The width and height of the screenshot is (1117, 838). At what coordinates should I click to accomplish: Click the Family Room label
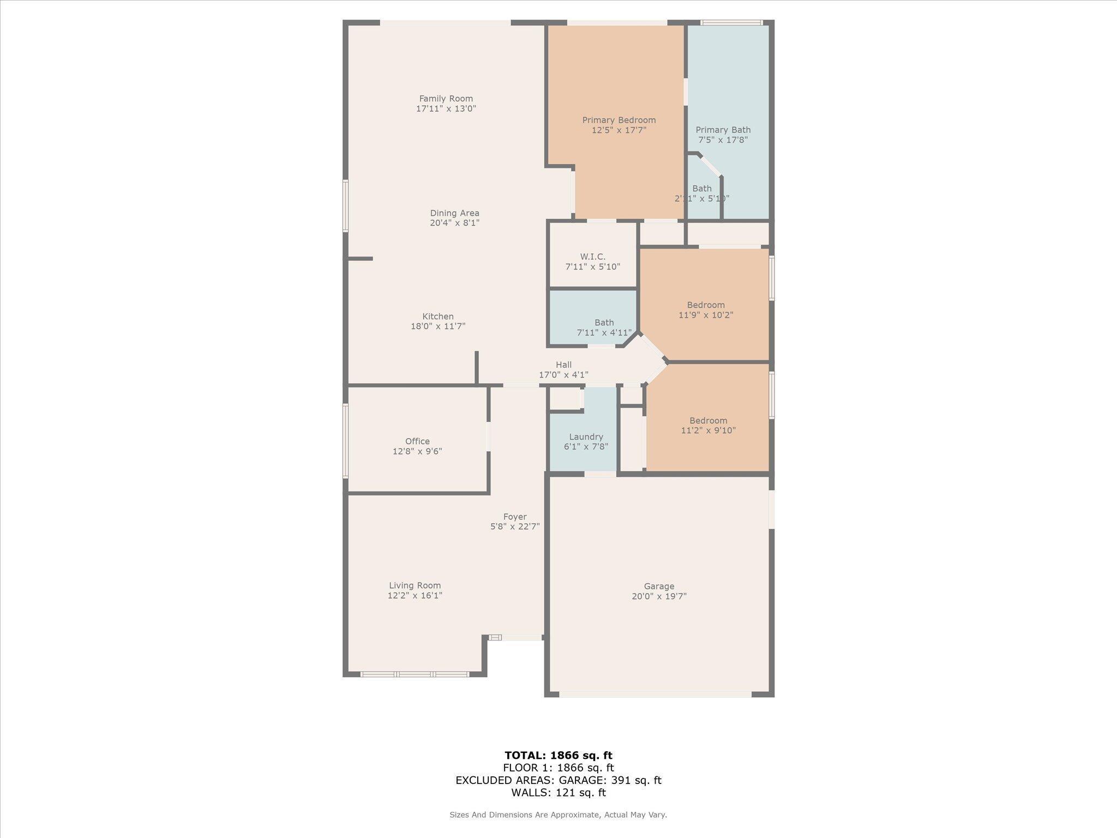click(446, 99)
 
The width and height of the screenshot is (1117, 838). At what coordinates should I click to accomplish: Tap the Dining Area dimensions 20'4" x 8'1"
click(454, 223)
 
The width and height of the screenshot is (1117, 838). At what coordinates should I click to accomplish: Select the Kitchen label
click(437, 316)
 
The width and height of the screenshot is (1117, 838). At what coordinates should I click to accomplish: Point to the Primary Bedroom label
click(618, 120)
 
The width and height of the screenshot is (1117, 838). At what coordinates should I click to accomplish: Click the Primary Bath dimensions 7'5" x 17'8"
click(723, 140)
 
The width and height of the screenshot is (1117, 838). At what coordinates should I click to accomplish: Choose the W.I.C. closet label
click(592, 256)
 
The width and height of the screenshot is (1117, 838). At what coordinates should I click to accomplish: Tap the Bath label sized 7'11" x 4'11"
click(604, 322)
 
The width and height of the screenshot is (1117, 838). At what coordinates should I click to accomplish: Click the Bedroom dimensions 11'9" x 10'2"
click(706, 315)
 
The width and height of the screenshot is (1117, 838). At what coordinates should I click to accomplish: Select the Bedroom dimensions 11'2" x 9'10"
click(708, 430)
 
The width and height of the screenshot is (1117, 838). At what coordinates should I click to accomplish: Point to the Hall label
click(563, 365)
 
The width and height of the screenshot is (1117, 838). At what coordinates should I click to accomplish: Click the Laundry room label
click(586, 437)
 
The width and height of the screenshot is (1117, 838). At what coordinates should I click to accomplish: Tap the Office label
click(417, 441)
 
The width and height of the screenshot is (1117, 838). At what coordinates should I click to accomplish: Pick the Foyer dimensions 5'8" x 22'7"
click(515, 526)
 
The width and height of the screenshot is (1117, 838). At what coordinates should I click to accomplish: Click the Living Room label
click(415, 585)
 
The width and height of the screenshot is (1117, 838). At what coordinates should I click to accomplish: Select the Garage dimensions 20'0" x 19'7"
click(659, 596)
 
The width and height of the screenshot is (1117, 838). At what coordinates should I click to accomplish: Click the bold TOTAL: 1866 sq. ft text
click(558, 755)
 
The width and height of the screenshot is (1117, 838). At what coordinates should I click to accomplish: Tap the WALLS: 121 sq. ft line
click(558, 793)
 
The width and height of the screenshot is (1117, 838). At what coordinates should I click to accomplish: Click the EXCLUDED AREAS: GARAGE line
click(558, 780)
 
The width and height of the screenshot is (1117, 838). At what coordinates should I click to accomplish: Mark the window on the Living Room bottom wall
click(415, 674)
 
